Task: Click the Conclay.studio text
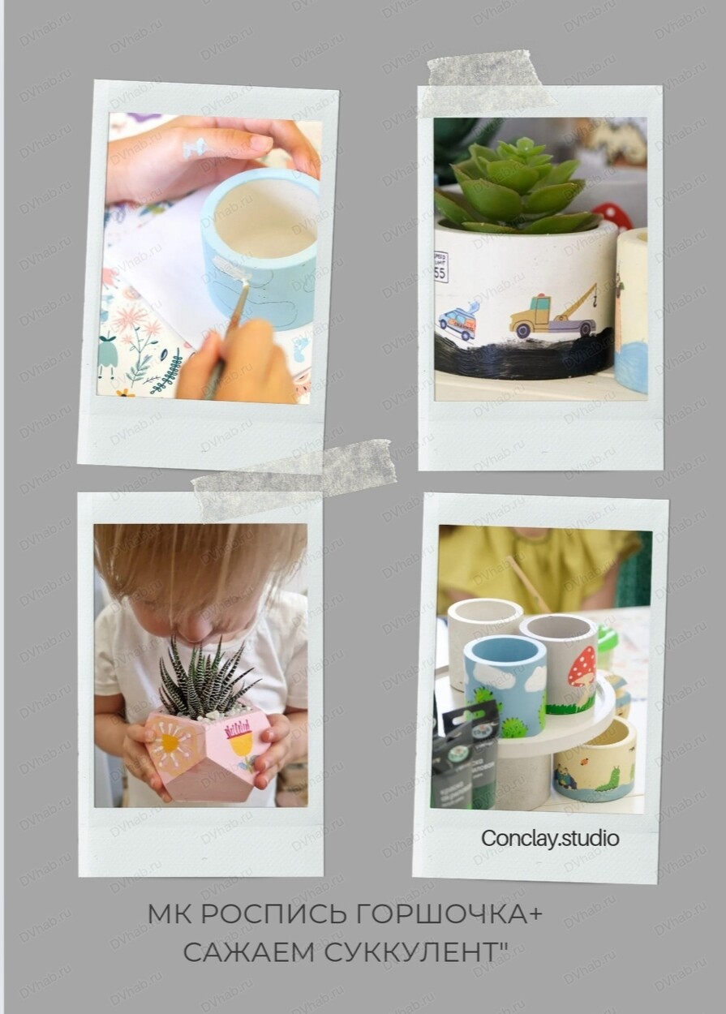point(550,838)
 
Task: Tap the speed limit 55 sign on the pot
point(441,267)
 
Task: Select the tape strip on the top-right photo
point(490,83)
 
